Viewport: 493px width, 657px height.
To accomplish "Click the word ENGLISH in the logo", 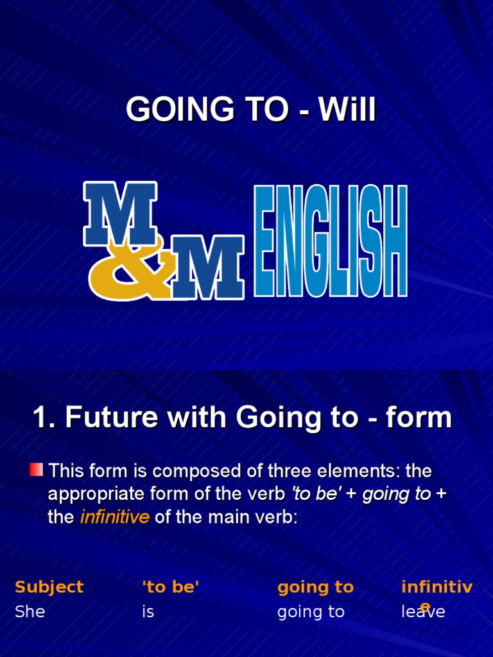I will tap(331, 241).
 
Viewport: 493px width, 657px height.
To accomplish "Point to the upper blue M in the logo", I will tap(120, 213).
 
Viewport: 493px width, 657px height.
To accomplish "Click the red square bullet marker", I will tap(37, 470).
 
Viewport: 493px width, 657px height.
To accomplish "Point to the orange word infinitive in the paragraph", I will tap(114, 517).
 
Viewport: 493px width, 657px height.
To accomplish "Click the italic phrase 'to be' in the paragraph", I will tap(316, 494).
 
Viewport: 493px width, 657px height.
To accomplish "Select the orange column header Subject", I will tap(49, 586).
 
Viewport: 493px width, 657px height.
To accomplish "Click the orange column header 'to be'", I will tap(170, 586).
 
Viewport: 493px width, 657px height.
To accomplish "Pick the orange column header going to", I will tap(315, 586).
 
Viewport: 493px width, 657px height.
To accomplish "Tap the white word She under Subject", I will tap(30, 611).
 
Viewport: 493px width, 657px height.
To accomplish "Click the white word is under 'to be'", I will tap(148, 611).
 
